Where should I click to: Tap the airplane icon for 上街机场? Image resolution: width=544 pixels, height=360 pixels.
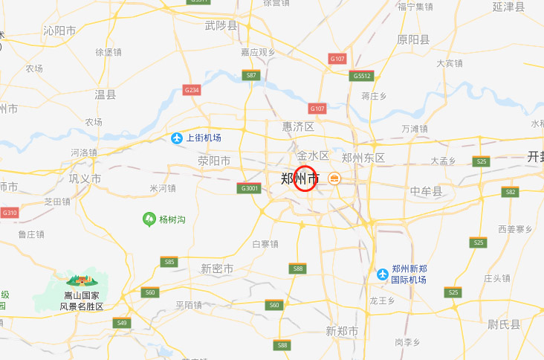[x=177, y=138]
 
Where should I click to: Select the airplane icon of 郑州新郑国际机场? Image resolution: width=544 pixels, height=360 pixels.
[x=383, y=274]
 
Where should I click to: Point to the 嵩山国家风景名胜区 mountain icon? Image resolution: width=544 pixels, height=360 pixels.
[x=82, y=280]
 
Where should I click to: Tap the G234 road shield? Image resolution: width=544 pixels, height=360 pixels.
[x=192, y=90]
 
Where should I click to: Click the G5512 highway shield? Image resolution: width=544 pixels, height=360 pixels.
[x=362, y=76]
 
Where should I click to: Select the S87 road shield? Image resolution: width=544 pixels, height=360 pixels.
[x=251, y=75]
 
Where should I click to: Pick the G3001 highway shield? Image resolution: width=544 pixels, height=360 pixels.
[x=250, y=189]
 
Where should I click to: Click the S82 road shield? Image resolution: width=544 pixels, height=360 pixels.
[x=510, y=192]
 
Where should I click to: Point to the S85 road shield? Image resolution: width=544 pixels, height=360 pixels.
[x=169, y=262]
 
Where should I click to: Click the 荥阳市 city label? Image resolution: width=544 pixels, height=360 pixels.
[x=213, y=161]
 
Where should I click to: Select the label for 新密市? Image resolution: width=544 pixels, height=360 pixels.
[x=217, y=269]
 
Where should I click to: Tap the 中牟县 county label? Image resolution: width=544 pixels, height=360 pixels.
[x=426, y=191]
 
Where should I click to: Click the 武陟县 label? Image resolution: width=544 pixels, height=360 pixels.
[x=221, y=26]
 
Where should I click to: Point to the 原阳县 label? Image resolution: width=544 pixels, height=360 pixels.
[x=413, y=39]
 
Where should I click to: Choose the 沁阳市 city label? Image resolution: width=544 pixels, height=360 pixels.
[x=59, y=30]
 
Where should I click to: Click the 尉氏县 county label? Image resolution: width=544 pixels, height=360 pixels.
[x=505, y=324]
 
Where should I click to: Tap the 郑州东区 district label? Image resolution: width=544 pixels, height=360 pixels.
[x=363, y=158]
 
